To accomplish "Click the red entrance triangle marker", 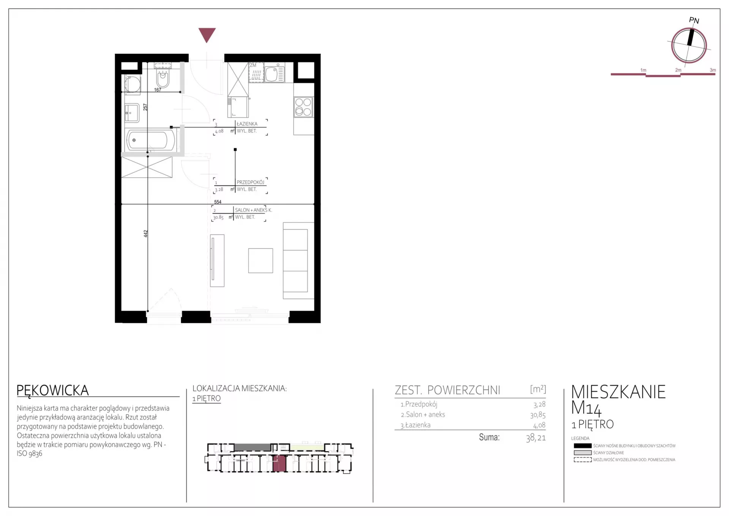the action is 207,34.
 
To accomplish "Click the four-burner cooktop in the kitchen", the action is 303,107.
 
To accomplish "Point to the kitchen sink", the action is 274,74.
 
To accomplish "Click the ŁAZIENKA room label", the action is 247,124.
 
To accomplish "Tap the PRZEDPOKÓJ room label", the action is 250,182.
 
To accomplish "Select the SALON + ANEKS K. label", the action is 253,210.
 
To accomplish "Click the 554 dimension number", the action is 218,202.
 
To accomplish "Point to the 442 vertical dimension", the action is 145,234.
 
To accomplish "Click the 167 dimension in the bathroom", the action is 158,90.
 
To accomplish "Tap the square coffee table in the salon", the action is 260,261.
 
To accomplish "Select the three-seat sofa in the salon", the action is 298,261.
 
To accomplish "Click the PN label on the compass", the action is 694,21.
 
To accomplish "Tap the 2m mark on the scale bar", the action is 678,70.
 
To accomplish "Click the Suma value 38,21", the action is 536,438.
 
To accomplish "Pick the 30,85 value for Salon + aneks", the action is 538,415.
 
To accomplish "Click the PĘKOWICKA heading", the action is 53,391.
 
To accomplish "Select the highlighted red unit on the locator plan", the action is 279,463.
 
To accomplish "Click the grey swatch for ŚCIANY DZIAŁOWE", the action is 582,453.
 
